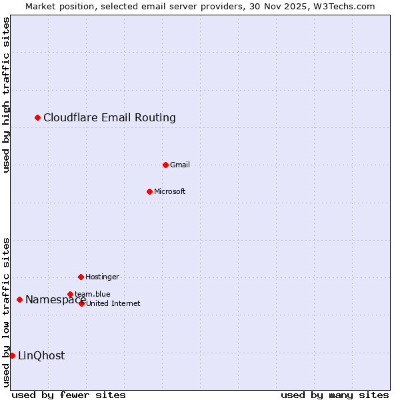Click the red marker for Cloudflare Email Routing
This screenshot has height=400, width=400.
pyautogui.click(x=37, y=118)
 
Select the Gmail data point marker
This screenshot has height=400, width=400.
pyautogui.click(x=165, y=165)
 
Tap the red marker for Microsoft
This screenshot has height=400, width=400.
pyautogui.click(x=149, y=191)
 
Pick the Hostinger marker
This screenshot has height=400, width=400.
pyautogui.click(x=81, y=277)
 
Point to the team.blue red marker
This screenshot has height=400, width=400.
pyautogui.click(x=70, y=294)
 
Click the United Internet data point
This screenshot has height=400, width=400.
pyautogui.click(x=81, y=303)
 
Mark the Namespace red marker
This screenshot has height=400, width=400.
pyautogui.click(x=19, y=300)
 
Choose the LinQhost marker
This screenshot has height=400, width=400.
pyautogui.click(x=12, y=355)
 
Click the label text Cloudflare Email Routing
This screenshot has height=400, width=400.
pyautogui.click(x=109, y=118)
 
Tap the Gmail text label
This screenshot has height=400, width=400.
pyautogui.click(x=180, y=165)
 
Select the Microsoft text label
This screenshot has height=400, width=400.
pyautogui.click(x=170, y=191)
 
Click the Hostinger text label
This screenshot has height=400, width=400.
pyautogui.click(x=102, y=277)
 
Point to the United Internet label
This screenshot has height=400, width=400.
pyautogui.click(x=113, y=303)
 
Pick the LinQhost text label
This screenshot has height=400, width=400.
pyautogui.click(x=41, y=355)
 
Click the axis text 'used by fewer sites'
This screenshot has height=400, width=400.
pyautogui.click(x=69, y=395)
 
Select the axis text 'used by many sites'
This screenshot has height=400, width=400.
pyautogui.click(x=335, y=395)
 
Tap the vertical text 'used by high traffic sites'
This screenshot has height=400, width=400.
pyautogui.click(x=6, y=95)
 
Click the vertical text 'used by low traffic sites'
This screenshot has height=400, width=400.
pyautogui.click(x=6, y=312)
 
